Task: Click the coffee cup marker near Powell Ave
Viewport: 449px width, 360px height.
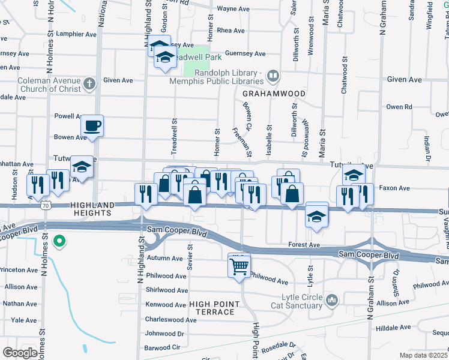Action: [x=92, y=126]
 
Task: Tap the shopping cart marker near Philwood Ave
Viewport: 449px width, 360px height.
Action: [x=239, y=265]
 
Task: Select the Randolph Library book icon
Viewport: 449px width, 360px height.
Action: [x=273, y=76]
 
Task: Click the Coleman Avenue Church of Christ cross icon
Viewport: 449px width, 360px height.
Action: [x=89, y=83]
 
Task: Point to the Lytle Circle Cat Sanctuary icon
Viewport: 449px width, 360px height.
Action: [x=332, y=298]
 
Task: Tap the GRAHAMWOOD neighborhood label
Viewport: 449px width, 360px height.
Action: [x=274, y=94]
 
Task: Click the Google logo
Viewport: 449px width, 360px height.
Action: [x=20, y=353]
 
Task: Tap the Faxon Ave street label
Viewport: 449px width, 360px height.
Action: [x=395, y=188]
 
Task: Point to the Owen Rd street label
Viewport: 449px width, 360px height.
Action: [x=399, y=107]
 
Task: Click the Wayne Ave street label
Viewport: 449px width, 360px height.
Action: [x=233, y=9]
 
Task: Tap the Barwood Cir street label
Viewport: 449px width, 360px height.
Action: [x=163, y=348]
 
